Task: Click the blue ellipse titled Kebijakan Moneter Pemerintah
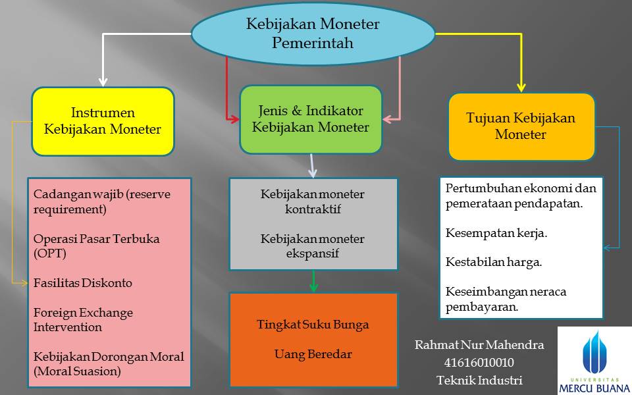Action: coord(313,34)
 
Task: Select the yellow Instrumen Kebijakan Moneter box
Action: coord(103,121)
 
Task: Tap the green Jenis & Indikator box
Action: coord(310,119)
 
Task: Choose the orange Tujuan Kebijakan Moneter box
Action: coord(521,126)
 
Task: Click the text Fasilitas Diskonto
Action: coord(83,283)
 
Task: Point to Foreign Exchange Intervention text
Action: coord(83,319)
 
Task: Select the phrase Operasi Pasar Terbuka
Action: coord(97,238)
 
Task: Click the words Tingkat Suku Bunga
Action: coord(313,325)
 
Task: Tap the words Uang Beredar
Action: coord(313,354)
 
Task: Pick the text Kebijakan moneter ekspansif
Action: coord(313,245)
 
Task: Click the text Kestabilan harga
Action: coord(494,262)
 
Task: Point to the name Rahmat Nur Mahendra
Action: coord(479,345)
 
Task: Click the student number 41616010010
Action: coord(479,363)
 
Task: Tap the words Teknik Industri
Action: coord(479,380)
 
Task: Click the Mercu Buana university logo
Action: coord(594,359)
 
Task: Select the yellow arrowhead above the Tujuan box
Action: coord(521,86)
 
